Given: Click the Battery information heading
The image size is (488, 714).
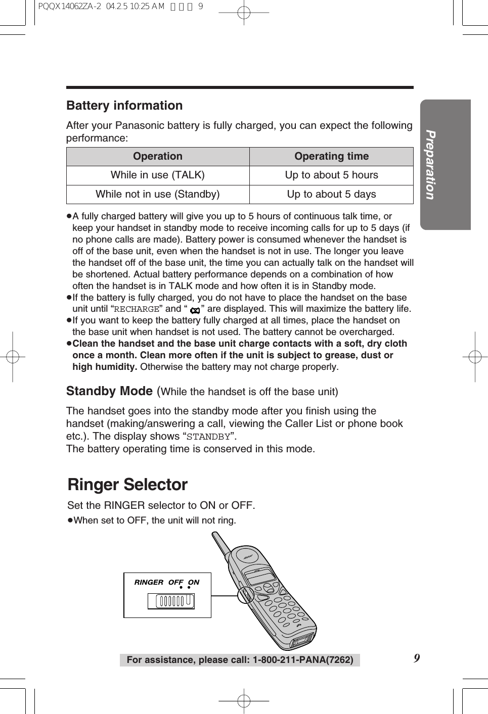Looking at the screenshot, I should click(124, 106).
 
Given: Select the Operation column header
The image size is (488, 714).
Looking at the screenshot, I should click(158, 157).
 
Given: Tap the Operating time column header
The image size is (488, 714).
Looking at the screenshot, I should click(331, 157).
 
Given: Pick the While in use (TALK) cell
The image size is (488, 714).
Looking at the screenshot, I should click(158, 175).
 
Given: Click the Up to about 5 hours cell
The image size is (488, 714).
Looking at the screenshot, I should click(331, 175).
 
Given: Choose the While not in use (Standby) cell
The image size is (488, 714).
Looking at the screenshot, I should click(158, 195).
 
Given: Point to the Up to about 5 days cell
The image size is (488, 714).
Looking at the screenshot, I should click(331, 195).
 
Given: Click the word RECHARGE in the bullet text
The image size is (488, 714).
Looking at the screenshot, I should click(137, 309).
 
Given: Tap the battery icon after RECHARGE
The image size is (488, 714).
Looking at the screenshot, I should click(195, 310).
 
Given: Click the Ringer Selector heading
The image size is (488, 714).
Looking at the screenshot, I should click(127, 485).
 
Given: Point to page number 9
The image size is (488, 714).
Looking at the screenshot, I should click(417, 658).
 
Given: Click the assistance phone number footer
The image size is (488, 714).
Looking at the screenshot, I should click(240, 660).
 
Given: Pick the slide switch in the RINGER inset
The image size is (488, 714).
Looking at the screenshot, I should click(171, 601).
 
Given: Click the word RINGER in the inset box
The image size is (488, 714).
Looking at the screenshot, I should click(149, 582).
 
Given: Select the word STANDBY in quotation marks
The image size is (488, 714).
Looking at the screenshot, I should click(208, 437).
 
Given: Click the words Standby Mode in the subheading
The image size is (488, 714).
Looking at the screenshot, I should click(109, 392).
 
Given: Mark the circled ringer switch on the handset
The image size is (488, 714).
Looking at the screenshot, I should click(246, 595).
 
